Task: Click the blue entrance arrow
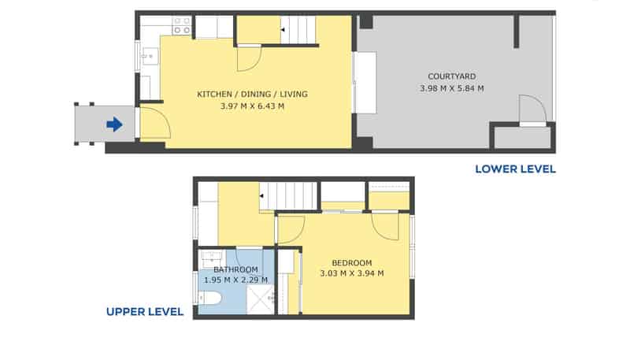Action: pyautogui.click(x=114, y=124)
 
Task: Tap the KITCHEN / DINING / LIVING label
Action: pyautogui.click(x=251, y=95)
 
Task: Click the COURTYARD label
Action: pyautogui.click(x=451, y=76)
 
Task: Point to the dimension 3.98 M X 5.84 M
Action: pyautogui.click(x=452, y=88)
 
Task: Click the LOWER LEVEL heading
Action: pyautogui.click(x=515, y=169)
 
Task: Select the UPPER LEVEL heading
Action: pyautogui.click(x=145, y=312)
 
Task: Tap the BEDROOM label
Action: pyautogui.click(x=351, y=263)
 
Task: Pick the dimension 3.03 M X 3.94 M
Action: pyautogui.click(x=352, y=274)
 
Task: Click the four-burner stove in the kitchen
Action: pyautogui.click(x=182, y=26)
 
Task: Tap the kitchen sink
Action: pyautogui.click(x=149, y=55)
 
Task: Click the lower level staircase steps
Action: pyautogui.click(x=300, y=31)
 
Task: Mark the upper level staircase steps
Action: pyautogui.click(x=290, y=195)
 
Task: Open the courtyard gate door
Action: pyautogui.click(x=532, y=109)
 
